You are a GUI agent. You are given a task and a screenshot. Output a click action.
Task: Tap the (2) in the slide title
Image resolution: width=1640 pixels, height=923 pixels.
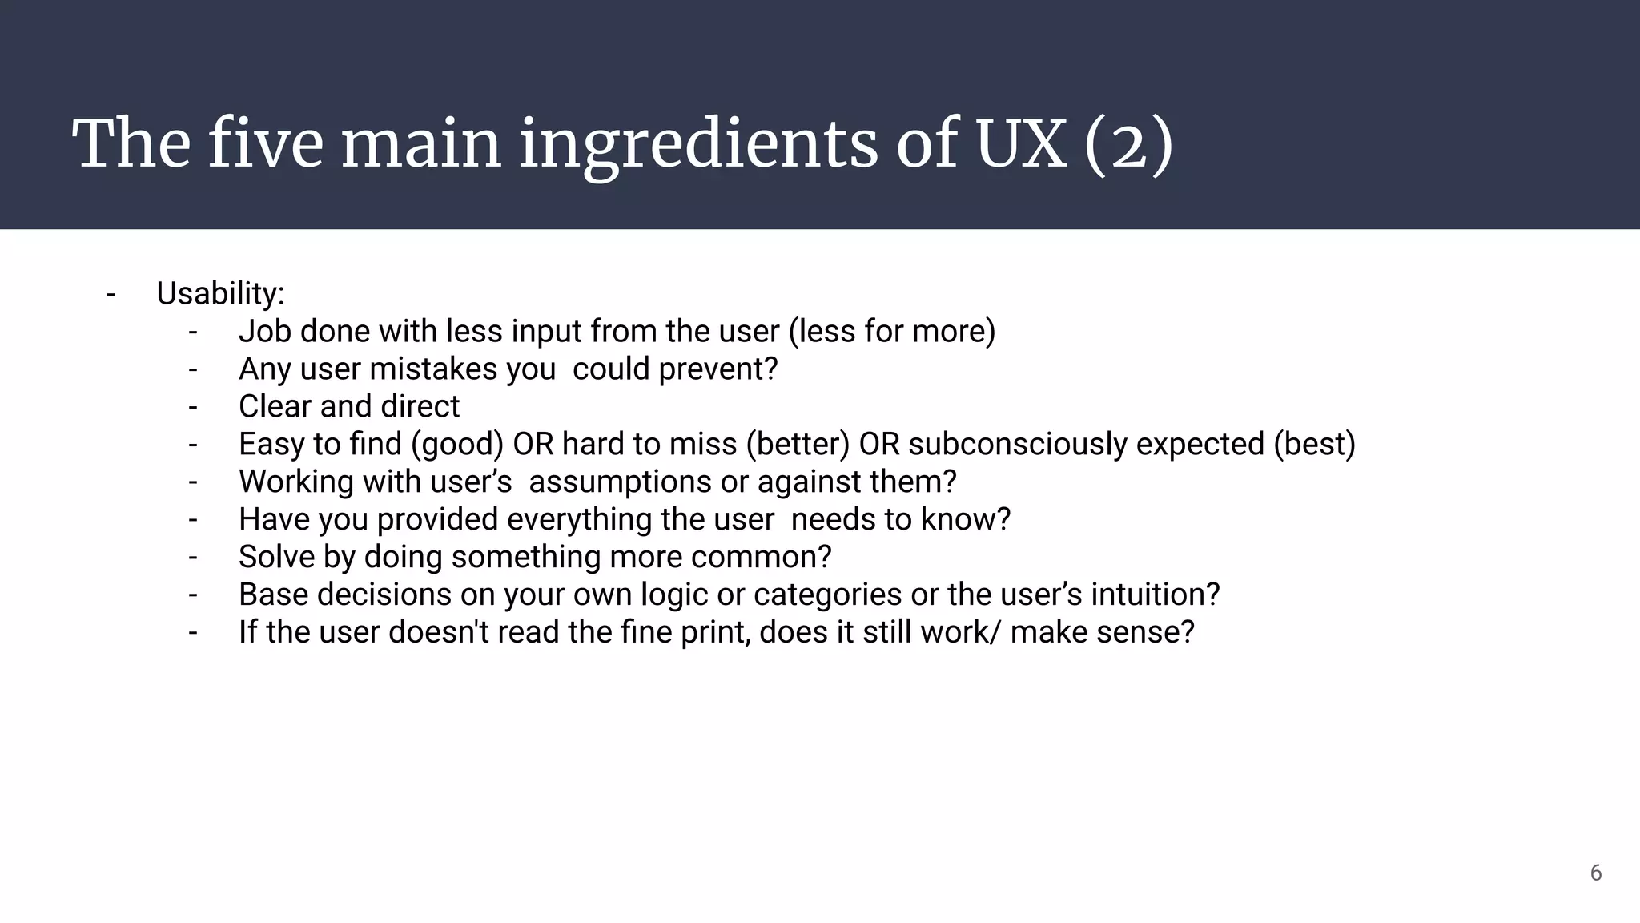coord(1128,144)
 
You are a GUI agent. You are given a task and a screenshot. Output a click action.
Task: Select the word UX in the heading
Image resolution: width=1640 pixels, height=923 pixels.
coord(1021,144)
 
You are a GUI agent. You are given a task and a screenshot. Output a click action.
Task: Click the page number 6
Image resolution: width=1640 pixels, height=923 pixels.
coord(1596,873)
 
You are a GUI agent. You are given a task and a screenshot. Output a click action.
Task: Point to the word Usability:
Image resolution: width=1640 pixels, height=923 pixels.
coord(220,294)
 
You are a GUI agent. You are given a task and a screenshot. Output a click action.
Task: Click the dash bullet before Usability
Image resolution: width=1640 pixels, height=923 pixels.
coord(111,294)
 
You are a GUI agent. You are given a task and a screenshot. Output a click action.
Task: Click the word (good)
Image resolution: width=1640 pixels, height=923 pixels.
coord(457,445)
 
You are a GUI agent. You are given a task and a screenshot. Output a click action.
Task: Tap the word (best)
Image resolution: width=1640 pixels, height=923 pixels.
coord(1315,445)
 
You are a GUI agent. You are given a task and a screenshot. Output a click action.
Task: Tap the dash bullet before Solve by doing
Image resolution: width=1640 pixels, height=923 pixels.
coord(193,558)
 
